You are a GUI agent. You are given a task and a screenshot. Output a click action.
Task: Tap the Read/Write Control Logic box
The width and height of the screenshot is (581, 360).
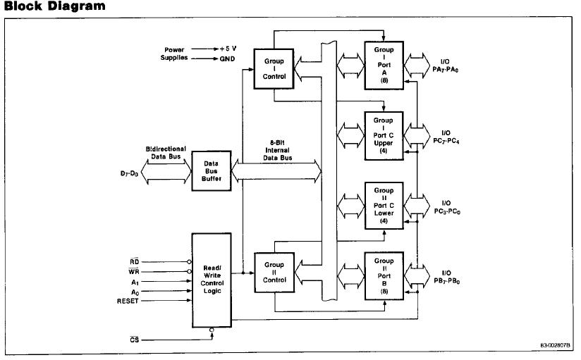click(x=212, y=279)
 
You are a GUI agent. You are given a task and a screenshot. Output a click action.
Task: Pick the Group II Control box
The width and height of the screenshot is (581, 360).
click(x=274, y=273)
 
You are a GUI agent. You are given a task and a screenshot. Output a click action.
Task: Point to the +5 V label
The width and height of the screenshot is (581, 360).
click(x=227, y=49)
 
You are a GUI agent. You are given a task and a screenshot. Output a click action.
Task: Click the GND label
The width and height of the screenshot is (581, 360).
click(x=227, y=58)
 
